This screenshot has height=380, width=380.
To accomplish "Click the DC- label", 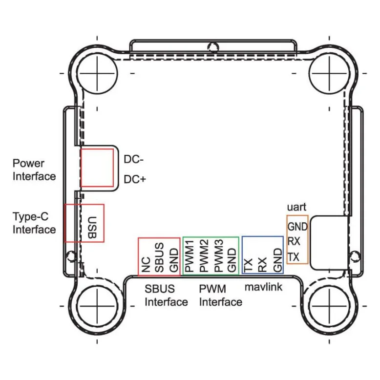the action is (x=133, y=159).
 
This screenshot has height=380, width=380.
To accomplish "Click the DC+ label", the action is (x=135, y=179).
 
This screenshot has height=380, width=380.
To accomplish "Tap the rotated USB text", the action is (x=92, y=228).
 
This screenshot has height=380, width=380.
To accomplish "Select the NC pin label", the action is (x=146, y=265).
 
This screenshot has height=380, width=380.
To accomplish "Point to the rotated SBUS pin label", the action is (x=159, y=257).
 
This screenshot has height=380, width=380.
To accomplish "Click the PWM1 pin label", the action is (x=190, y=256).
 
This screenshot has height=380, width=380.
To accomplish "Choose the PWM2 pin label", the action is (x=204, y=256).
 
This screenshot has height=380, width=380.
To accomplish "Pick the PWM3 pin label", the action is (x=219, y=256).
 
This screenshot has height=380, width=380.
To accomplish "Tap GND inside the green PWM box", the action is (x=232, y=260).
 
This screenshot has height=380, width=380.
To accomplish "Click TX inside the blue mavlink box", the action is (x=248, y=265).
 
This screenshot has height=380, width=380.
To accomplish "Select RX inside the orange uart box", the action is (x=294, y=241).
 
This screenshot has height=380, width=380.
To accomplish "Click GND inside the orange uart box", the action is (x=297, y=227).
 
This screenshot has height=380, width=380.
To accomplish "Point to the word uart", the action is (x=296, y=207).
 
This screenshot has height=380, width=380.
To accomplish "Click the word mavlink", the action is (x=263, y=287).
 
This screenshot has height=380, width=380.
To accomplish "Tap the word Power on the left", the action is (x=28, y=163).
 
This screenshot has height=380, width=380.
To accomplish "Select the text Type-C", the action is (x=31, y=217).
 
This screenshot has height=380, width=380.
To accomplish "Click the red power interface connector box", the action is (x=97, y=168).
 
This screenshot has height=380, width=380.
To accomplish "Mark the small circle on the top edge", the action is (x=213, y=47).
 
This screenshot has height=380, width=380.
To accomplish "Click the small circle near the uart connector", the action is (x=355, y=256).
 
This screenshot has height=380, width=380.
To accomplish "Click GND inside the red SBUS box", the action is (x=174, y=260).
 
